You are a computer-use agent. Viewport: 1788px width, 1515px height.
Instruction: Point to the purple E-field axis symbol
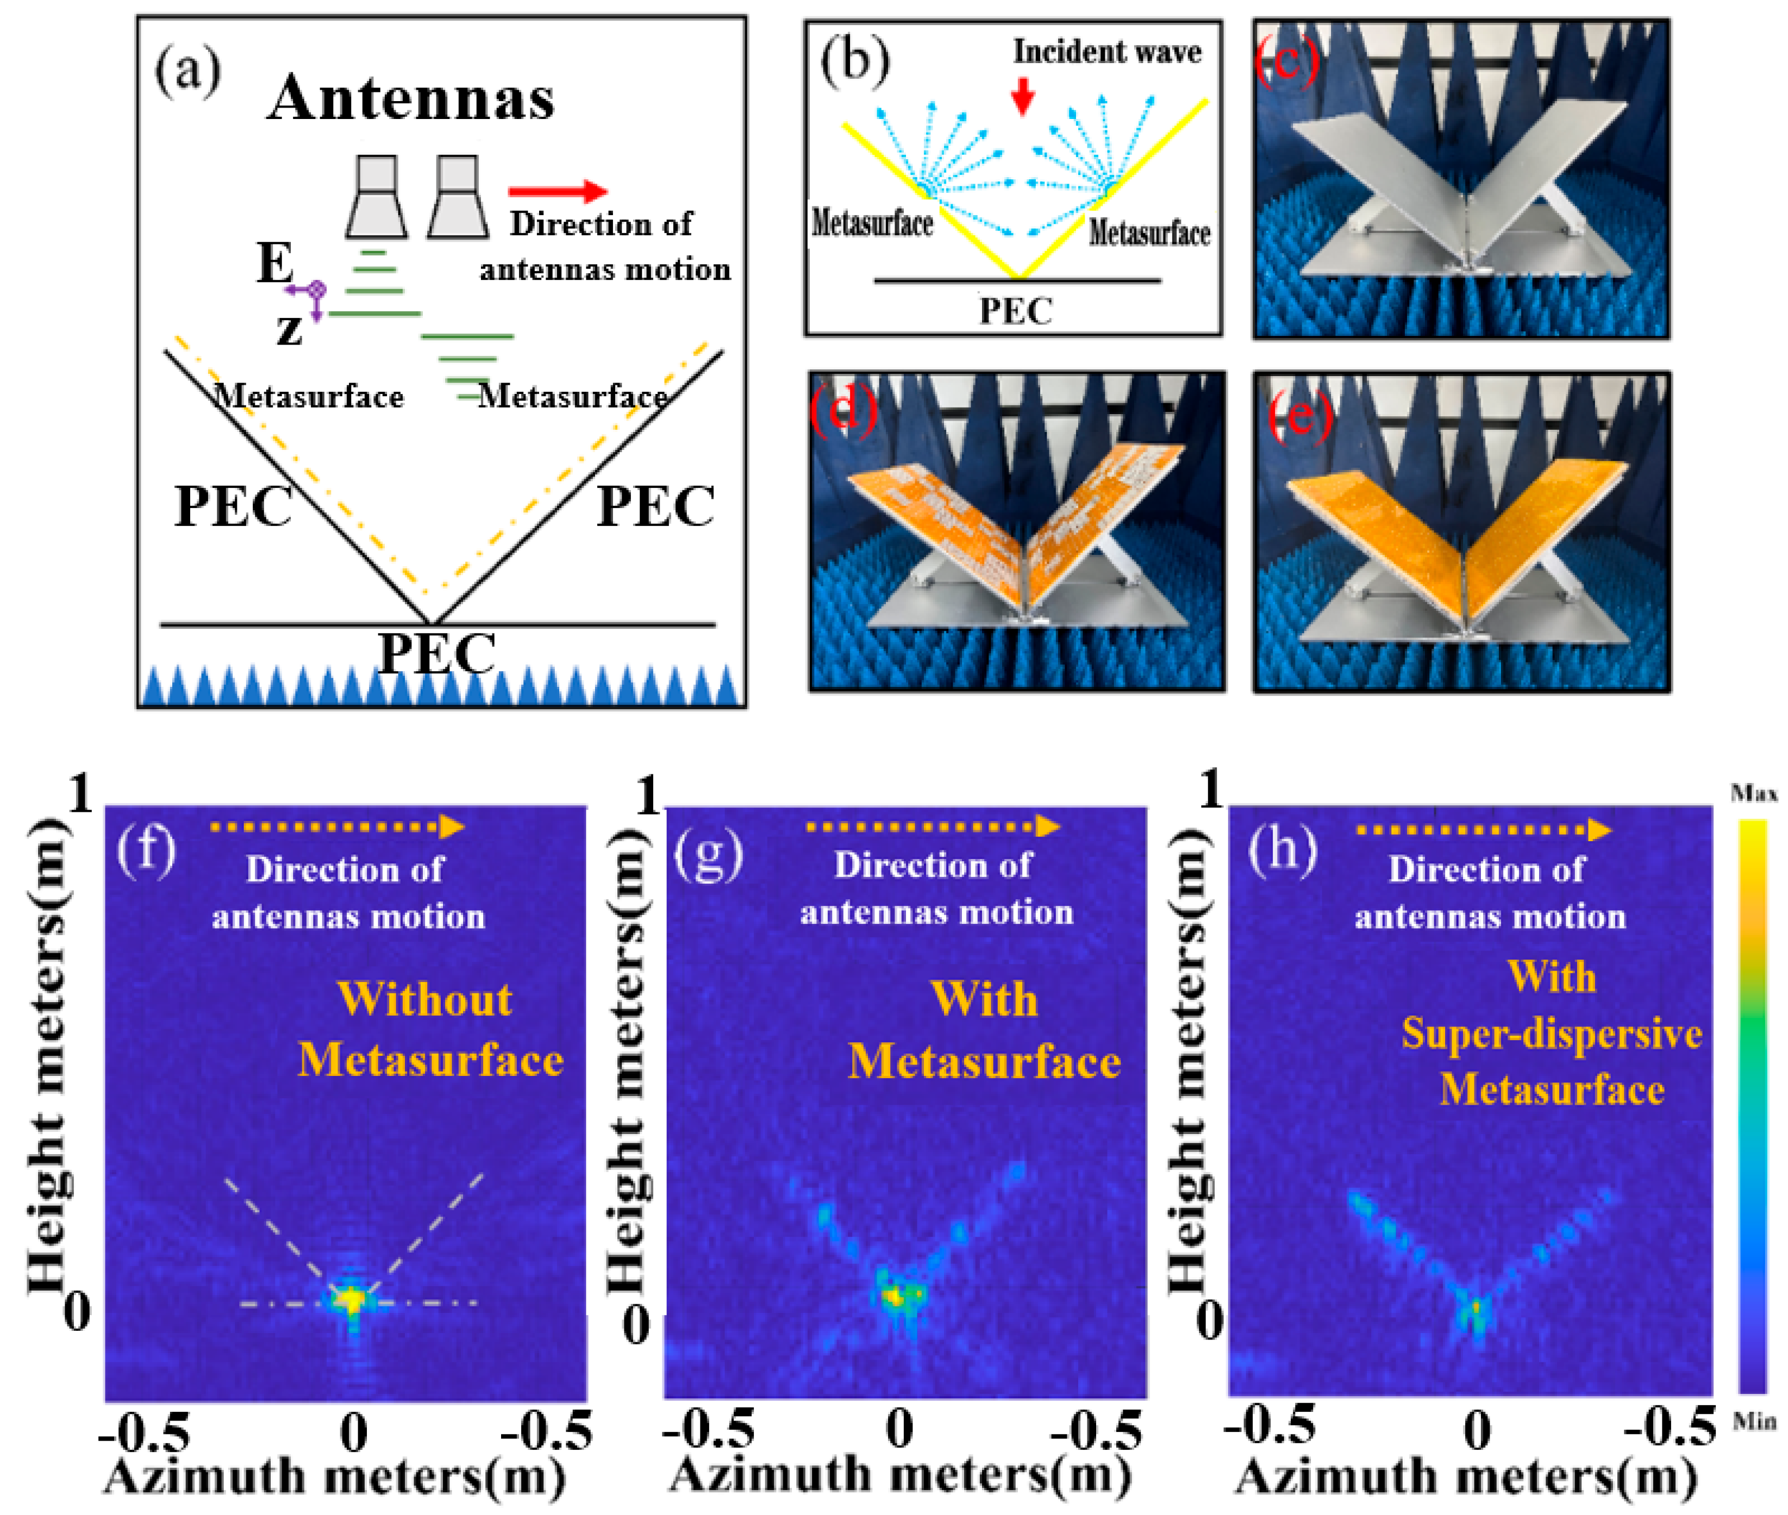pyautogui.click(x=316, y=291)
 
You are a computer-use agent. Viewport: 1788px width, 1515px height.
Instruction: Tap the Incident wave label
pyautogui.click(x=1107, y=52)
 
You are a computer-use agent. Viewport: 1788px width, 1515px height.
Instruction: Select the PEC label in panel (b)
pyautogui.click(x=1016, y=311)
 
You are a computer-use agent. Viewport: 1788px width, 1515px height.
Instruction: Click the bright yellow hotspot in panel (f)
pyautogui.click(x=351, y=1299)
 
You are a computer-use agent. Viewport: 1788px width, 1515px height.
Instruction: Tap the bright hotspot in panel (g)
pyautogui.click(x=896, y=1295)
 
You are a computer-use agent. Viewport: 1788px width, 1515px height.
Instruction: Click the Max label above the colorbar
pyautogui.click(x=1753, y=793)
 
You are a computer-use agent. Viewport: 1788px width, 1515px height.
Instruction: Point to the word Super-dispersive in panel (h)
pyautogui.click(x=1551, y=1033)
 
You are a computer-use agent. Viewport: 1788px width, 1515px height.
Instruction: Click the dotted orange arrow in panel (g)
pyautogui.click(x=933, y=826)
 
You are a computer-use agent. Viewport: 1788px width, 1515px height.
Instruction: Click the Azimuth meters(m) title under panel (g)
pyautogui.click(x=899, y=1475)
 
